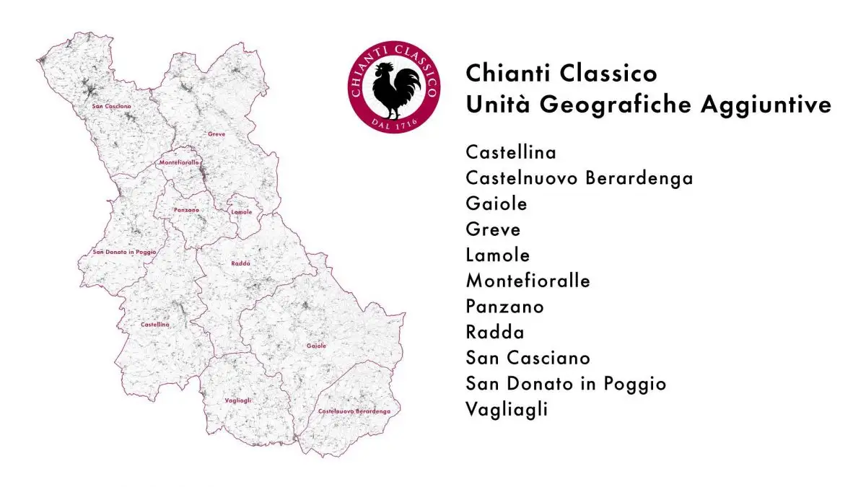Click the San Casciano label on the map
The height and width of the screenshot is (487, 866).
coord(112,106)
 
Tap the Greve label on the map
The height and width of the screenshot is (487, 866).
coord(216,134)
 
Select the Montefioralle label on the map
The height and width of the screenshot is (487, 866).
coord(179,163)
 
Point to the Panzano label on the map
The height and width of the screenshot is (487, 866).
coord(186,210)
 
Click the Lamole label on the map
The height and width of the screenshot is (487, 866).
coord(242,212)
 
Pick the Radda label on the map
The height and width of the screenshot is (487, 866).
coord(240,263)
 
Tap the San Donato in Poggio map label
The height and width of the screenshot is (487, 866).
coord(125,252)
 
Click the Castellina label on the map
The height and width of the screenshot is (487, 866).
coord(155,325)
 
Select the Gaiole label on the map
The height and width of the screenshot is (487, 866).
coord(316,346)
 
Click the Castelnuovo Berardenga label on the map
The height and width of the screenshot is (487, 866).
coord(354,411)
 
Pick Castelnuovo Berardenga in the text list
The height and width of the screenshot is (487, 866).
coord(579,178)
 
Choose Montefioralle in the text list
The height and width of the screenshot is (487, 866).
coord(528,281)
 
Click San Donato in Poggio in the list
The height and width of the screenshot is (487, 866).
coord(567,383)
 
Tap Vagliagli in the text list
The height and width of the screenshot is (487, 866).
coord(507,409)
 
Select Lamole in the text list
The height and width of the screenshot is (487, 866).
coord(498,255)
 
